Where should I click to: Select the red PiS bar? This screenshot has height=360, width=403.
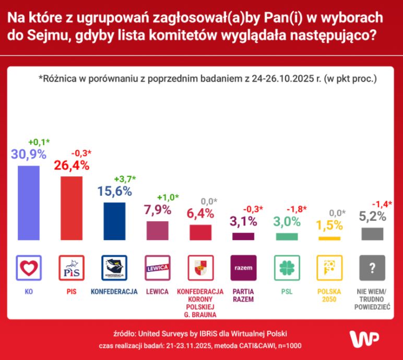(x=72, y=208)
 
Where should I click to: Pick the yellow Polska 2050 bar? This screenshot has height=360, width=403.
(x=329, y=238)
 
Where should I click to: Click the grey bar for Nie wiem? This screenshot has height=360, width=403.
(x=372, y=233)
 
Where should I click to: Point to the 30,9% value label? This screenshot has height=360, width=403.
(x=29, y=154)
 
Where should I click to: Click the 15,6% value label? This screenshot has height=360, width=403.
(x=114, y=191)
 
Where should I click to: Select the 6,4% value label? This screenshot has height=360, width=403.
(x=200, y=213)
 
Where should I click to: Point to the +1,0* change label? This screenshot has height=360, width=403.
(x=168, y=197)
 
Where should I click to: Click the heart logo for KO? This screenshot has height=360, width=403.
(x=29, y=268)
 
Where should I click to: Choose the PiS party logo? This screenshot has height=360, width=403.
(x=72, y=268)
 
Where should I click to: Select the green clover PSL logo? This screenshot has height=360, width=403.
(x=286, y=268)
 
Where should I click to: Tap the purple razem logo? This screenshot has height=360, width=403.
(x=243, y=268)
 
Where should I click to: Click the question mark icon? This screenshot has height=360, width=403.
(x=372, y=268)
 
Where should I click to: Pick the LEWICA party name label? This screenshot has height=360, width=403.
(x=157, y=291)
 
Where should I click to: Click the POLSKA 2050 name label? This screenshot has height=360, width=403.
(x=329, y=295)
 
